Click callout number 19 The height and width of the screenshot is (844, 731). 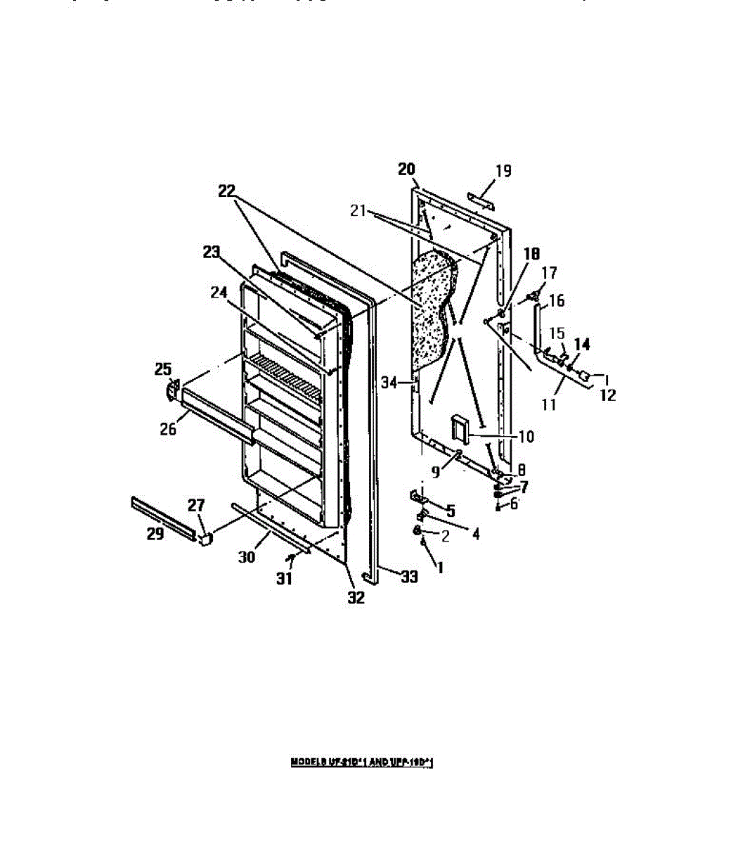click(x=503, y=171)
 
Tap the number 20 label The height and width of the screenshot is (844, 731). click(x=406, y=169)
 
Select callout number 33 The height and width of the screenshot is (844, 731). click(x=408, y=577)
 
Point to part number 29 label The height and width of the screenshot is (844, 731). click(x=155, y=534)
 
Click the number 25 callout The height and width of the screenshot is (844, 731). click(x=163, y=369)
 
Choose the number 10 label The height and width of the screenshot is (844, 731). click(x=526, y=437)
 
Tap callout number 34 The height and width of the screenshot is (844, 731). click(x=389, y=382)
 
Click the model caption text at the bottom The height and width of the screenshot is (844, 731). click(x=362, y=762)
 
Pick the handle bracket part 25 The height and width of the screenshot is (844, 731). click(x=172, y=390)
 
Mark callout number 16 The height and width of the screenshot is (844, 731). click(x=557, y=301)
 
